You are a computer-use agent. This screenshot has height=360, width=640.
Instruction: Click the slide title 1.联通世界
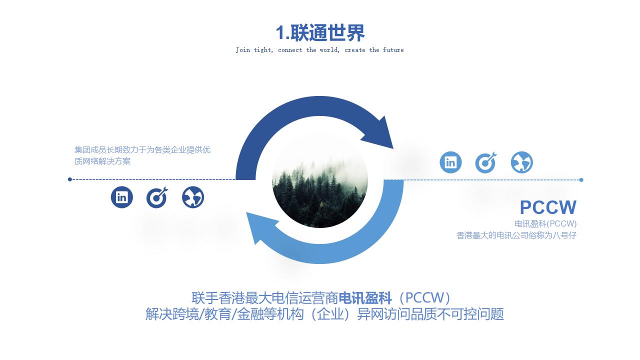tap(320, 33)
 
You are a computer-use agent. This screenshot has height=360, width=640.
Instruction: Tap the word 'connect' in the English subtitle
tap(290, 50)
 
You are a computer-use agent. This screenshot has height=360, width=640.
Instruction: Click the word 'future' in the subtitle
tap(393, 50)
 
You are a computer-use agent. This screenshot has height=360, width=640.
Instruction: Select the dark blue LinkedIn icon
tap(122, 197)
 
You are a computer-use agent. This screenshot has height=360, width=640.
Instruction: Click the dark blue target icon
tap(157, 197)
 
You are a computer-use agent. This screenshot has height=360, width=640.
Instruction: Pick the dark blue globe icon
tap(193, 197)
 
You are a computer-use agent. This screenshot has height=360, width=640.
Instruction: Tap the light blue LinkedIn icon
tap(450, 162)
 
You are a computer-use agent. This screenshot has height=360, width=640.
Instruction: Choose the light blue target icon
tap(485, 162)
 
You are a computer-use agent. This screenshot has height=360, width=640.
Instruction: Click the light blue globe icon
tap(521, 162)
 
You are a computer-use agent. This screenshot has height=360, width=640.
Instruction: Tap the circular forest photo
tap(320, 180)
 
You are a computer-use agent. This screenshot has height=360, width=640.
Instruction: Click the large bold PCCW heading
tap(548, 207)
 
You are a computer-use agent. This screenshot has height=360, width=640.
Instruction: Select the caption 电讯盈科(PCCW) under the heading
tap(545, 223)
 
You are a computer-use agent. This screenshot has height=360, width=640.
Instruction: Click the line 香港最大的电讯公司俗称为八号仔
tap(516, 235)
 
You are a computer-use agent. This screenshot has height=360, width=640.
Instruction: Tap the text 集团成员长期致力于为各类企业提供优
tap(142, 149)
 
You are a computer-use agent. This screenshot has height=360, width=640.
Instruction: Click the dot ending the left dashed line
tap(70, 179)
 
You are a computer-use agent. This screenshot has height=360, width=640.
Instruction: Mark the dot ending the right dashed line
tap(581, 180)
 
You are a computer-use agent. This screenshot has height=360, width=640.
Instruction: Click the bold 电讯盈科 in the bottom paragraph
tap(365, 298)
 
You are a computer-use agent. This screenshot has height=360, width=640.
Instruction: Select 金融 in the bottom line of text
tap(249, 314)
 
